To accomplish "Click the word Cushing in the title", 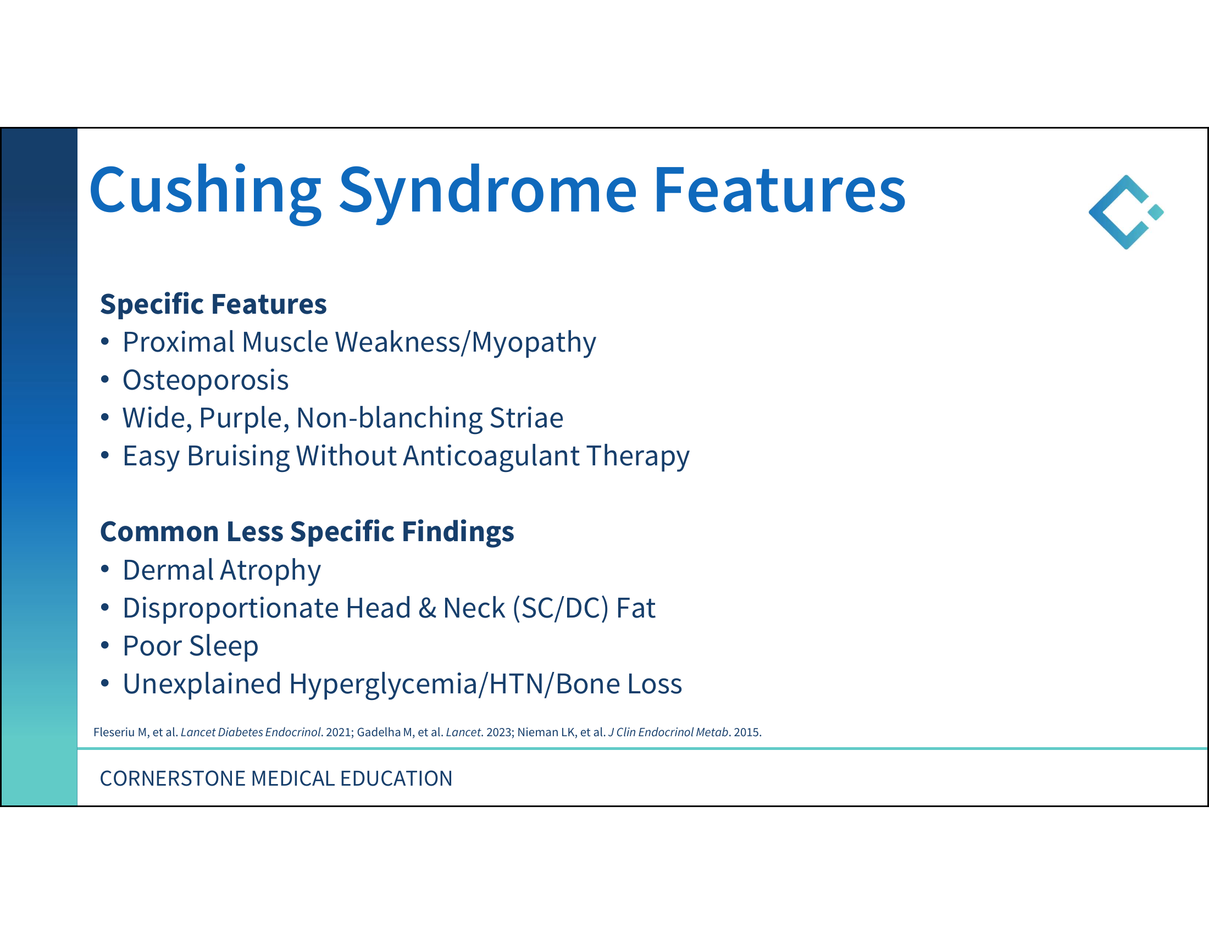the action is coord(205,191).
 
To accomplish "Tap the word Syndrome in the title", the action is coord(487,191).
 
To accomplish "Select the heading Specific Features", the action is coord(213,304).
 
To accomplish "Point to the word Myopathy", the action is coord(534,342).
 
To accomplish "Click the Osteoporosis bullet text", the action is coord(206,380).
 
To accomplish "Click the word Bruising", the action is coord(238,457).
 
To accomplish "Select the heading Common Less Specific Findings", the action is coord(307,532).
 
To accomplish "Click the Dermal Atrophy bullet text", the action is coord(221,570).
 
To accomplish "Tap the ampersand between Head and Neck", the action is coord(427,608).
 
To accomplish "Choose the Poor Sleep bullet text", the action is coord(191,646).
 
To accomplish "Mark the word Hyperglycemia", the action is coord(383,685).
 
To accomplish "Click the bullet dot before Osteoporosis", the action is coord(105,380).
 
